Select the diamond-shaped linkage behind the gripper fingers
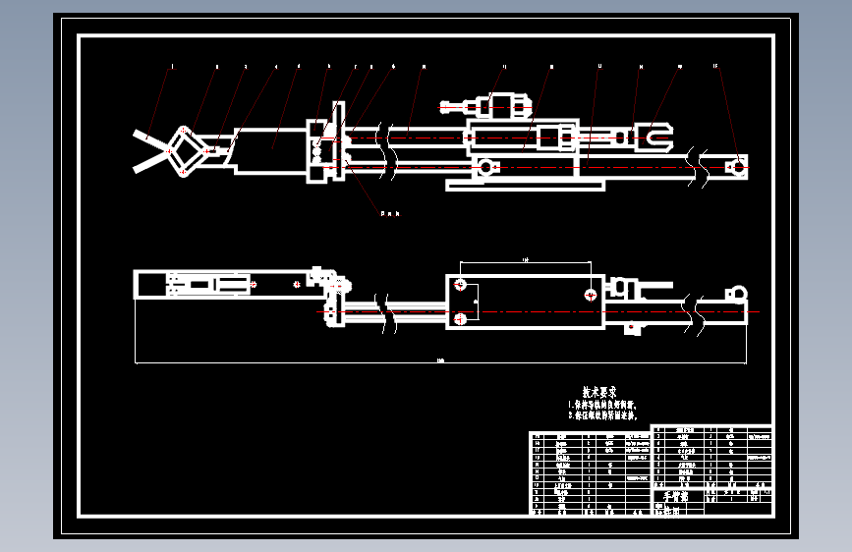pyautogui.click(x=183, y=151)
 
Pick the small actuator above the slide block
pyautogui.click(x=501, y=104)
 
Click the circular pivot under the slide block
pyautogui.click(x=483, y=167)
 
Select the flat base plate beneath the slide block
pyautogui.click(x=526, y=184)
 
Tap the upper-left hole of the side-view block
pyautogui.click(x=459, y=285)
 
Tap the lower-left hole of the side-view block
pyautogui.click(x=459, y=318)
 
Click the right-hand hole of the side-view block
pyautogui.click(x=590, y=293)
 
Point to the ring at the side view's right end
pyautogui.click(x=734, y=292)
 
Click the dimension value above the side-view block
pyautogui.click(x=525, y=259)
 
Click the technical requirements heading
pyautogui.click(x=599, y=391)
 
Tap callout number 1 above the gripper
pyautogui.click(x=173, y=67)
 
